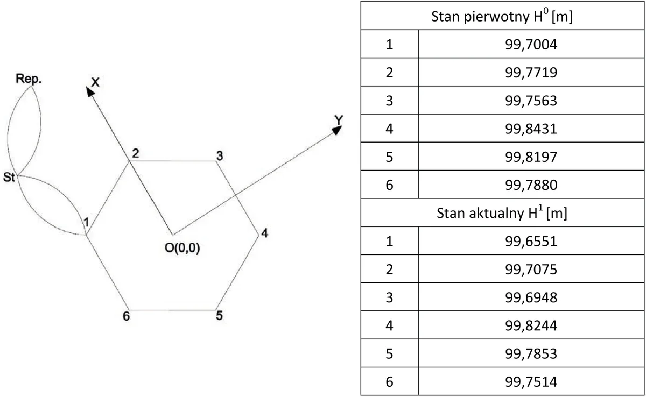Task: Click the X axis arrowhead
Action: pos(90,91)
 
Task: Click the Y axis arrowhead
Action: pos(337,130)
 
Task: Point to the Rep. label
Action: pos(29,79)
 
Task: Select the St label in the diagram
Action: pos(9,177)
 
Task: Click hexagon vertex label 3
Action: pos(220,156)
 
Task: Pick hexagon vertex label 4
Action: pos(265,233)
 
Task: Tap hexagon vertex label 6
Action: pos(127,316)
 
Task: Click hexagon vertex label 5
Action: pos(220,315)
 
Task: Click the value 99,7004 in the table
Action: pos(531,44)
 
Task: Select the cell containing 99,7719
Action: pos(531,72)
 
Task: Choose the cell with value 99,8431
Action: pos(531,129)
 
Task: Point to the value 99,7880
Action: pos(531,185)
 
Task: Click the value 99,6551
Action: pos(531,241)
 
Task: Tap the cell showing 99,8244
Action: pos(531,325)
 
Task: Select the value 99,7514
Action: pos(531,381)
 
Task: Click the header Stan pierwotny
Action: pos(480,17)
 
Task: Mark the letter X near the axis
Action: pos(95,82)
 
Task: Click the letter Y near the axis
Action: pos(339,120)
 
